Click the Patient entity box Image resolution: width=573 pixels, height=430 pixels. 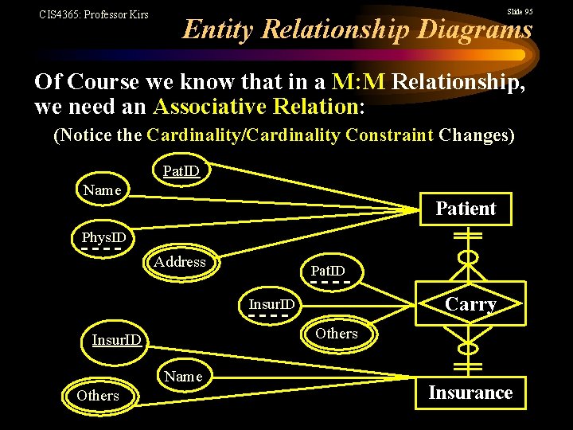[466, 209]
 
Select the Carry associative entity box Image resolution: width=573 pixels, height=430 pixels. [471, 304]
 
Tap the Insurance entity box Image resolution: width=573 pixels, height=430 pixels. [470, 393]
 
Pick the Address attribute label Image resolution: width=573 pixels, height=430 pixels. [180, 262]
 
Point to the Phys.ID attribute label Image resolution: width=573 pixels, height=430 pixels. [103, 237]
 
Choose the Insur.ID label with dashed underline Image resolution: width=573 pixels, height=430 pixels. [271, 304]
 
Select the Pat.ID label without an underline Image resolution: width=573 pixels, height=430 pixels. [181, 171]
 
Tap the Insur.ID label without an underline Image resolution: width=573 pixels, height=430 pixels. [117, 341]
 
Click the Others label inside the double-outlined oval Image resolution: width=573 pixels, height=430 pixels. [98, 396]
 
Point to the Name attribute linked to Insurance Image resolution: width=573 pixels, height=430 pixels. [184, 377]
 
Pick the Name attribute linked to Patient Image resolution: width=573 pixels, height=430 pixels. [103, 190]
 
